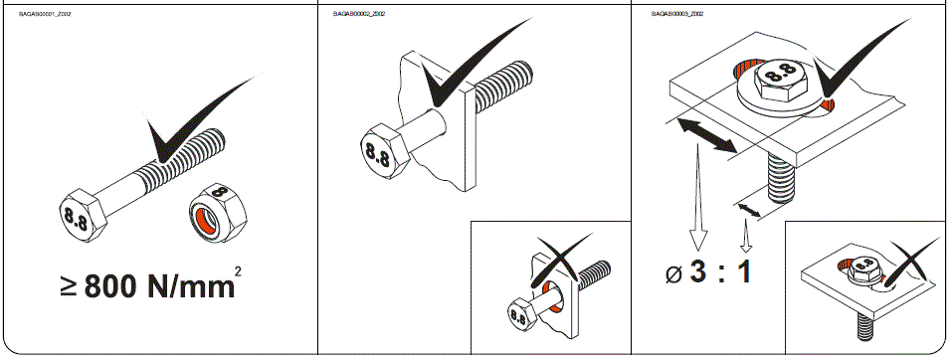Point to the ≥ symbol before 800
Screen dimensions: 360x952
point(68,288)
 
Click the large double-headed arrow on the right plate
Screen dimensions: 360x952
point(705,135)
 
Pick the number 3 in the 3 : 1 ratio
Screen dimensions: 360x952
point(698,270)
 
